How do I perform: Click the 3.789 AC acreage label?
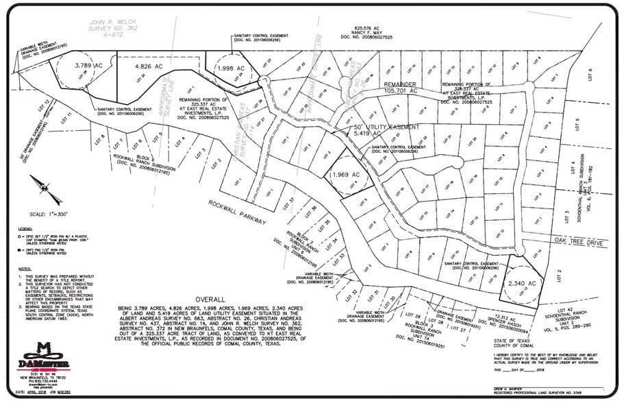coord(89,65)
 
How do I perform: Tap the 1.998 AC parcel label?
coord(230,69)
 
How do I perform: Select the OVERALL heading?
coord(210,300)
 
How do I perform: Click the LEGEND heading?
coord(25,228)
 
